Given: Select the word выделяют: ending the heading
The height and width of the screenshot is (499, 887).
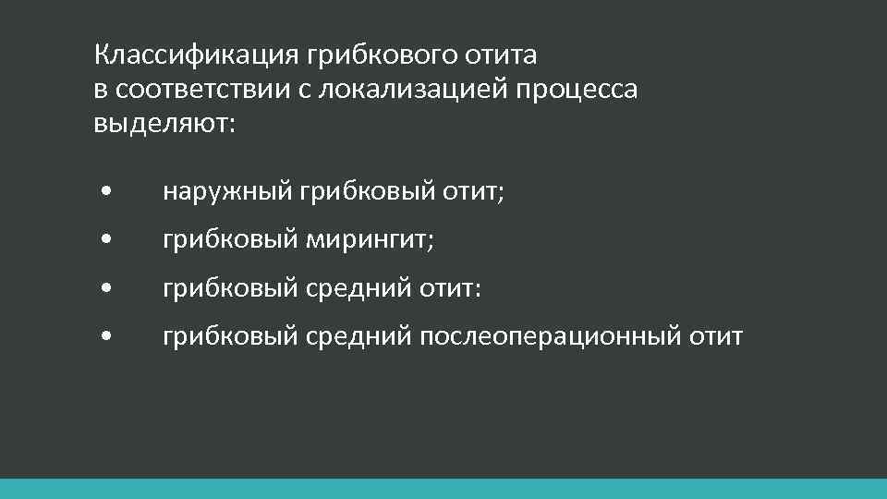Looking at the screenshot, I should tap(164, 123).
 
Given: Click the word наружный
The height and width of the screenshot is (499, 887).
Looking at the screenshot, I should tap(227, 191).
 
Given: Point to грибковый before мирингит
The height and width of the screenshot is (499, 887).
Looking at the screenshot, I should tap(228, 240).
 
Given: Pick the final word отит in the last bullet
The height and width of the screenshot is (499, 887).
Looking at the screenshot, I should tap(714, 336).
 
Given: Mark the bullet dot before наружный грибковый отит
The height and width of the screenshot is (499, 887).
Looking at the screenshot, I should tap(108, 193).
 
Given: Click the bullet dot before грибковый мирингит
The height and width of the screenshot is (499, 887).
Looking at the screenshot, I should tap(108, 241).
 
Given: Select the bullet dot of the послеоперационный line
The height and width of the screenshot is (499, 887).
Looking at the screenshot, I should tap(108, 337).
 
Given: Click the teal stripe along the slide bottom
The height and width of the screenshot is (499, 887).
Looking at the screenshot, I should tap(443, 489).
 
